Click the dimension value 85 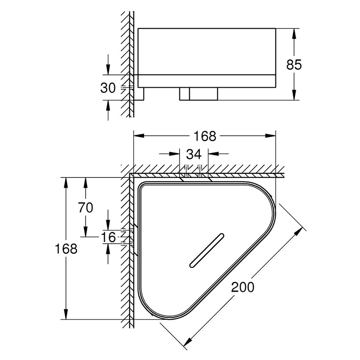tap(294, 65)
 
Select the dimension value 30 tap(108, 88)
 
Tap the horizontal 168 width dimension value tap(205, 136)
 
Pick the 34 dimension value tap(194, 154)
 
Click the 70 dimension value tap(86, 208)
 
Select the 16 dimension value tap(109, 237)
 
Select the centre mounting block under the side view tap(199, 94)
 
